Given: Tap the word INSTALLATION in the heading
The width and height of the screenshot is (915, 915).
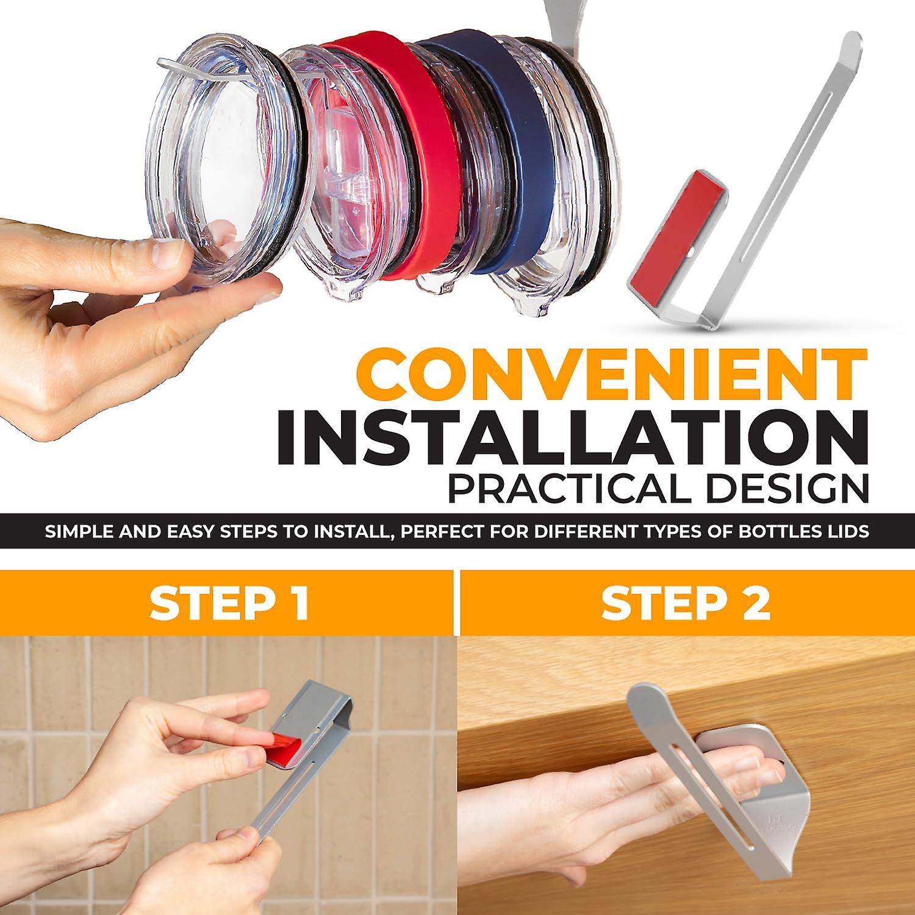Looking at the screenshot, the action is tap(572, 437).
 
